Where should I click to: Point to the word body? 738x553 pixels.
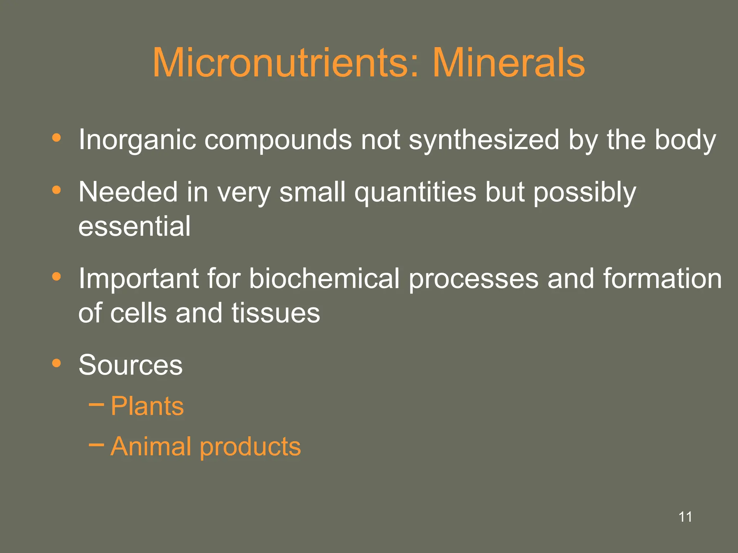(x=685, y=140)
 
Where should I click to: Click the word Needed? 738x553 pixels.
(x=128, y=192)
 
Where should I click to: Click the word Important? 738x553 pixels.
(x=138, y=279)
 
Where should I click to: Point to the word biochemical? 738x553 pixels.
(x=324, y=278)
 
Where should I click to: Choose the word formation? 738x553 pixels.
(x=662, y=278)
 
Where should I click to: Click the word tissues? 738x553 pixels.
(x=275, y=313)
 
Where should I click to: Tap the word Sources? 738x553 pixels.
(x=130, y=365)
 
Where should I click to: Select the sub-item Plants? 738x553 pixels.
(x=147, y=406)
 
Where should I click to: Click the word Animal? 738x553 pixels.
(x=151, y=446)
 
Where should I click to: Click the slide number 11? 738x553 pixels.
(x=685, y=517)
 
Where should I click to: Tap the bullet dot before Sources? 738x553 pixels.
(x=56, y=363)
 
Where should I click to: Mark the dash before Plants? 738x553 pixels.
(x=96, y=405)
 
